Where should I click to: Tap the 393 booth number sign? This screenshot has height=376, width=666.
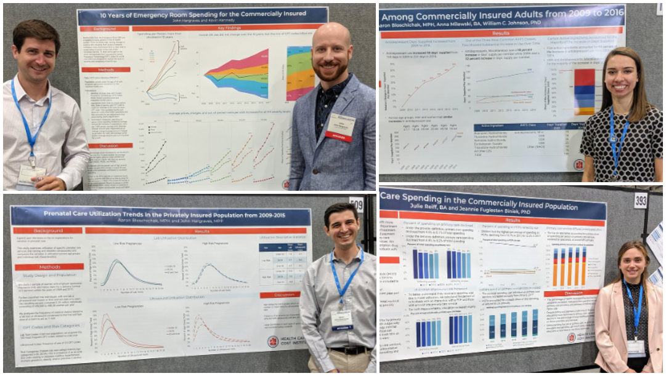coord(641,200)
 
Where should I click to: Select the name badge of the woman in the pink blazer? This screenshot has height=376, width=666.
coord(635,346)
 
